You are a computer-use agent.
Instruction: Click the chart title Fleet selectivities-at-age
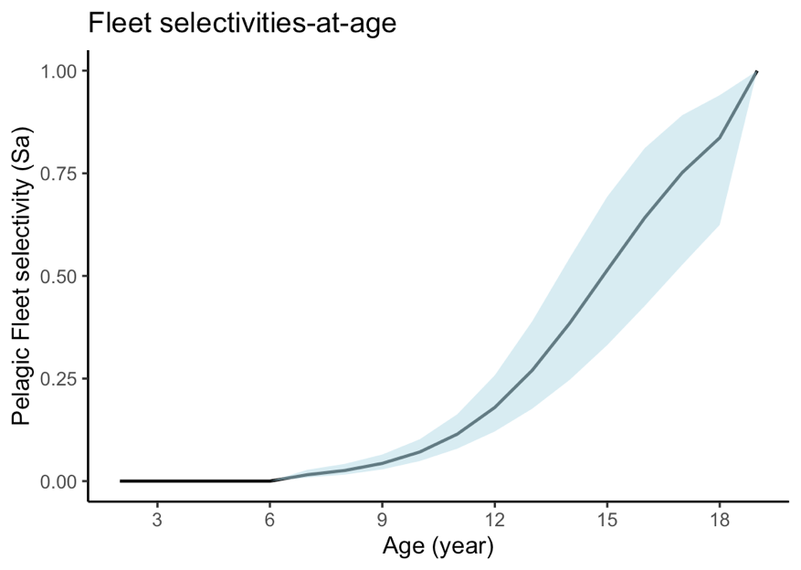241,25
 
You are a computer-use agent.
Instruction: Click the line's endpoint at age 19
756,71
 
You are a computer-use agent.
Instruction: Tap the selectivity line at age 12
494,407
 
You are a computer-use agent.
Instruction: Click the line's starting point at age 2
120,480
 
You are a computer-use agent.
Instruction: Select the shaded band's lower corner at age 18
719,224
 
